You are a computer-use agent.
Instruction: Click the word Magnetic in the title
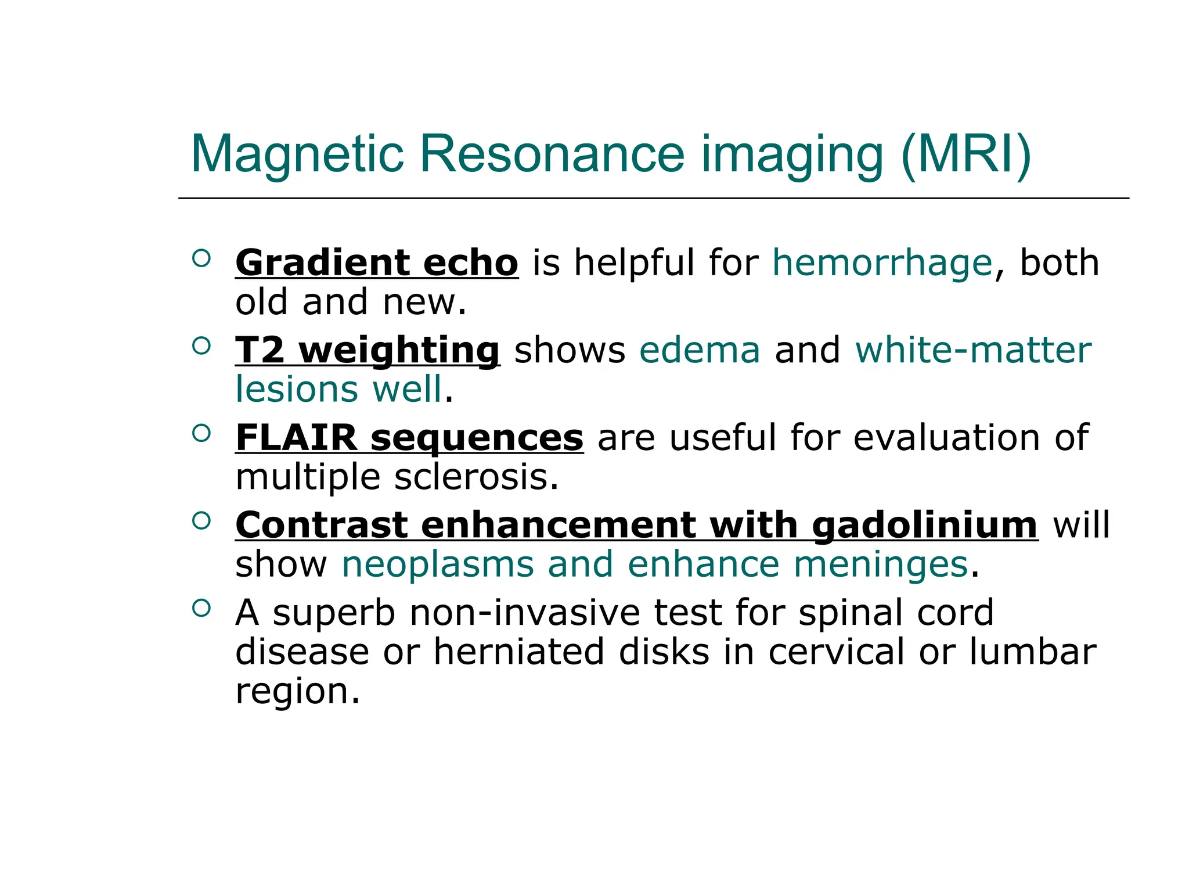click(x=297, y=154)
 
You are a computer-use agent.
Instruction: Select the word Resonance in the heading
click(x=552, y=154)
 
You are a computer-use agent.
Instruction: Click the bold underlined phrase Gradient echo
click(x=376, y=263)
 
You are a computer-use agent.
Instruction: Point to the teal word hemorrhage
click(x=882, y=263)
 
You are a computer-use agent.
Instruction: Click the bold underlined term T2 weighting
click(x=367, y=351)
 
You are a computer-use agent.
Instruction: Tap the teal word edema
click(x=699, y=351)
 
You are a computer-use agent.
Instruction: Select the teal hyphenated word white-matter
click(x=973, y=351)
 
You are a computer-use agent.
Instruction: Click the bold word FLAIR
click(x=296, y=438)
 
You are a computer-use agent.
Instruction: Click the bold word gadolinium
click(x=924, y=526)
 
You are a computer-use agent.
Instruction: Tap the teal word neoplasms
click(x=437, y=564)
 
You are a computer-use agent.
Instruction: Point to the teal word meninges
click(x=880, y=564)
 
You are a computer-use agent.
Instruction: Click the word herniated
click(x=519, y=652)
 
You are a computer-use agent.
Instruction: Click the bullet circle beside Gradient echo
click(x=201, y=258)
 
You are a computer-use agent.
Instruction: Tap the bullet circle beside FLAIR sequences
click(x=201, y=433)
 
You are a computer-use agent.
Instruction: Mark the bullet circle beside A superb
click(x=201, y=607)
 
